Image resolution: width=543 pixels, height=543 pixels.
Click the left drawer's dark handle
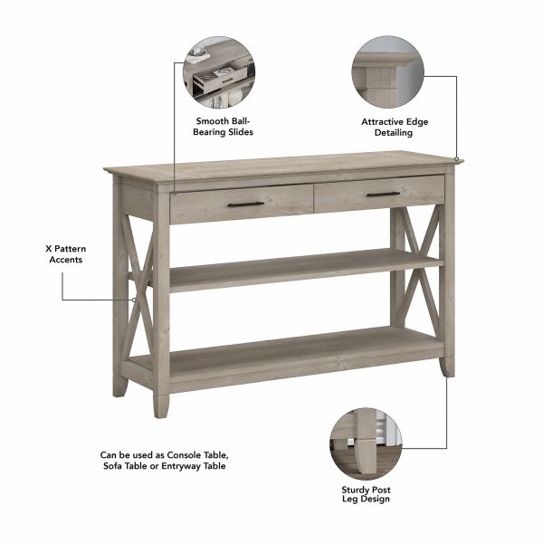click(x=245, y=205)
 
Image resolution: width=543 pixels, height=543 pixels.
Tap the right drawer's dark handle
click(x=384, y=195)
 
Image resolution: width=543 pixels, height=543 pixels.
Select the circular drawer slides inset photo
click(x=219, y=72)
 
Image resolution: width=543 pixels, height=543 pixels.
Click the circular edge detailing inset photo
click(x=388, y=71)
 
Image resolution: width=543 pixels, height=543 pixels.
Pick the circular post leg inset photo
click(x=366, y=443)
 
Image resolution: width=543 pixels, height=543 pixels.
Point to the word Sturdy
click(x=356, y=490)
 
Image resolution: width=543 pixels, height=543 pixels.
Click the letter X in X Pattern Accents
click(x=49, y=249)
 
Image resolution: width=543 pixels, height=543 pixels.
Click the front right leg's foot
click(x=447, y=367)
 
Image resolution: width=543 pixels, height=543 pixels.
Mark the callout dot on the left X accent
click(x=134, y=300)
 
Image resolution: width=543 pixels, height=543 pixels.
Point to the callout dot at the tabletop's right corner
click(x=457, y=159)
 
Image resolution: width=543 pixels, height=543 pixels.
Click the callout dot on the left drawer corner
click(x=174, y=194)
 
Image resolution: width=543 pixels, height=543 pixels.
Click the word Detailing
click(x=394, y=133)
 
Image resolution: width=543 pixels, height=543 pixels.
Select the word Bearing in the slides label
click(x=210, y=132)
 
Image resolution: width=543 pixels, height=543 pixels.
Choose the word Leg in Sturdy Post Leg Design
click(x=349, y=499)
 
